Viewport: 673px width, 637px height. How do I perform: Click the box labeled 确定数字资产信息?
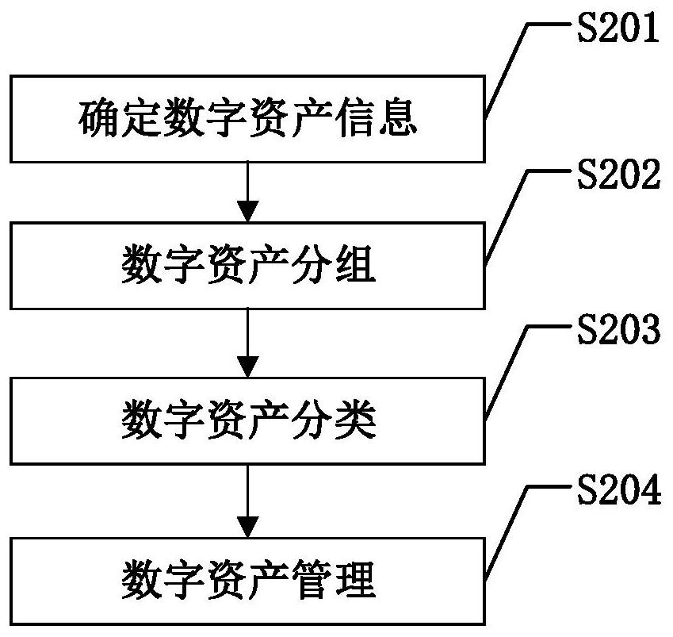pyautogui.click(x=247, y=119)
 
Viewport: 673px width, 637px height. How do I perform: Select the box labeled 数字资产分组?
pyautogui.click(x=247, y=266)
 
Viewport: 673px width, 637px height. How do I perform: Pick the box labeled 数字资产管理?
pyautogui.click(x=247, y=581)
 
